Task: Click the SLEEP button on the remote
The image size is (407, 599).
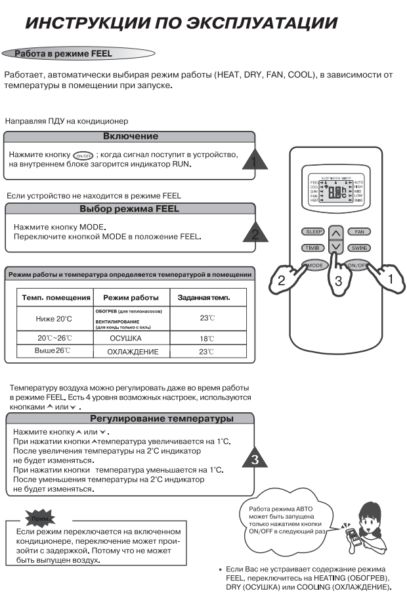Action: coord(312,232)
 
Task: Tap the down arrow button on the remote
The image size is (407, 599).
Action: coord(335,248)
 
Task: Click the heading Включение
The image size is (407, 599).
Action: coord(131,136)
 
